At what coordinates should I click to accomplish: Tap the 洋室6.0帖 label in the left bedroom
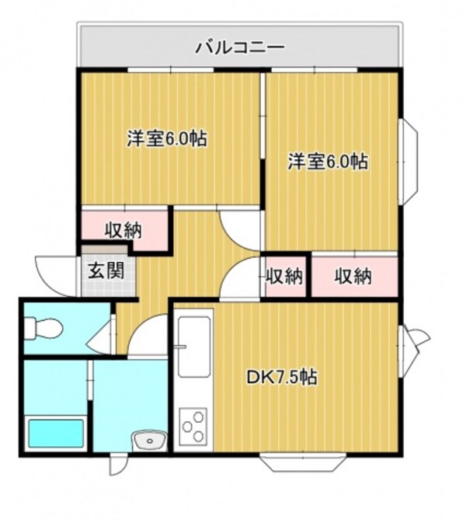click(167, 140)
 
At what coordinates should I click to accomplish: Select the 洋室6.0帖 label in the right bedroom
click(328, 162)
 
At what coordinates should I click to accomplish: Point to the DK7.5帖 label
click(281, 378)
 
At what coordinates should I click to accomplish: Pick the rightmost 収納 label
click(353, 275)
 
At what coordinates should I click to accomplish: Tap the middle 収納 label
click(284, 275)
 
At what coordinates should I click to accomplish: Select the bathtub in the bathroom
click(56, 434)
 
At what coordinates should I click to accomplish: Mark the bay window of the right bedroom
click(409, 162)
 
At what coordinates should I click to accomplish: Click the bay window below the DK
click(303, 463)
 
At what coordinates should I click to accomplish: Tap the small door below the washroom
click(117, 465)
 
